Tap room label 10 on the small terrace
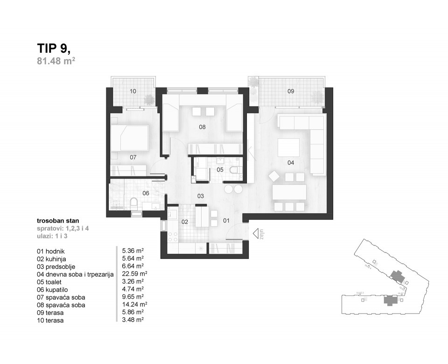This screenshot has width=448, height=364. click(133, 91)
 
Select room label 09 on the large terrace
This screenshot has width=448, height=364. click(291, 91)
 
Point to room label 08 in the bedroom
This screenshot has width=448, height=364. click(202, 126)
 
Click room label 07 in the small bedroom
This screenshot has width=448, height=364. click(133, 157)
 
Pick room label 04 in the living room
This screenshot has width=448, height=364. click(291, 163)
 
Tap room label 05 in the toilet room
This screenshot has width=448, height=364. click(220, 170)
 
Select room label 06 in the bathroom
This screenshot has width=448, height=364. click(146, 193)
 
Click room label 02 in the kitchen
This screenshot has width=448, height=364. click(184, 222)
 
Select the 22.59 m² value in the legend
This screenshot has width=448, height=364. click(134, 274)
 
